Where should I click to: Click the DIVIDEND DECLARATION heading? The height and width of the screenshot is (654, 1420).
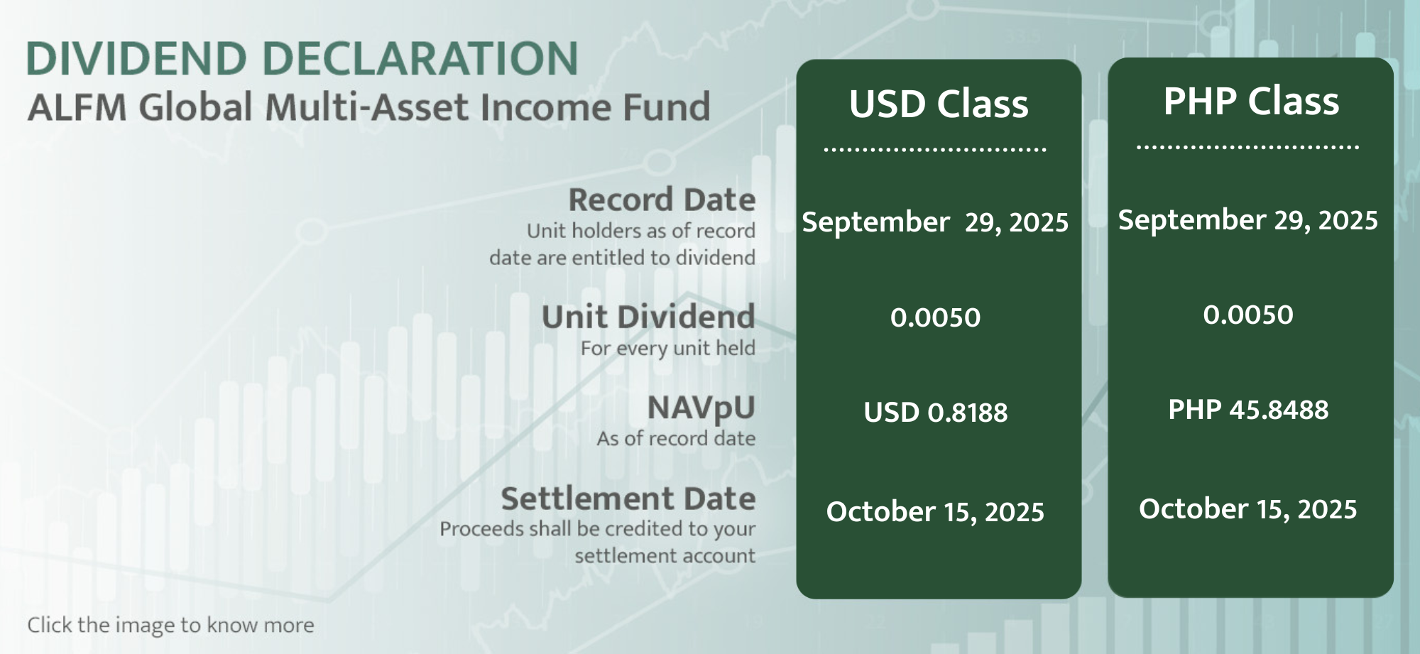(x=302, y=58)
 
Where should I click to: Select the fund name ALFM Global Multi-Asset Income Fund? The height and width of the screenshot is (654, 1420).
(x=368, y=107)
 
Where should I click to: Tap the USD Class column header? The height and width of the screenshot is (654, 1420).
(x=939, y=104)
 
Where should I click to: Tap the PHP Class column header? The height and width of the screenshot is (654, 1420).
(x=1251, y=101)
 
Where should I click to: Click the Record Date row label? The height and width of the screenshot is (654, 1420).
(x=662, y=200)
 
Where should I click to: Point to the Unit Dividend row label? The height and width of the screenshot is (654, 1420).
(x=648, y=317)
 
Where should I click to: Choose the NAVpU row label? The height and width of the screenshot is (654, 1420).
(x=701, y=408)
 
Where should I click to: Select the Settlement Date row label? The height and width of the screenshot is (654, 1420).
(x=628, y=498)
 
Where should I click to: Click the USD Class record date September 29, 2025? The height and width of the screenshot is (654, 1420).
(x=935, y=222)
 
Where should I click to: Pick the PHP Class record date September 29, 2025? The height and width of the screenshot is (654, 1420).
(x=1248, y=220)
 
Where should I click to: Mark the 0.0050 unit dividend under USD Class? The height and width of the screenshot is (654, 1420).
(x=936, y=317)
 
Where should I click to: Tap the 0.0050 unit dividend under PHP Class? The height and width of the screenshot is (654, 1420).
(x=1248, y=315)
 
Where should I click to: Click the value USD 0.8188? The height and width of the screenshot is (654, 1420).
(x=936, y=413)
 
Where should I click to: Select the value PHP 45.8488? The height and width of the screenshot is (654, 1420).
(x=1248, y=410)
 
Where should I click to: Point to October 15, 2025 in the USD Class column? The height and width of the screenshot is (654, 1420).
(x=935, y=512)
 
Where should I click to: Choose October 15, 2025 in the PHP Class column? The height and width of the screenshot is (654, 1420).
(x=1248, y=509)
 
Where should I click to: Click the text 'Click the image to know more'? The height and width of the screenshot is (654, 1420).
(x=170, y=625)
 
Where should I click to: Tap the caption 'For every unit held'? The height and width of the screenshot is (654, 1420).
(x=668, y=348)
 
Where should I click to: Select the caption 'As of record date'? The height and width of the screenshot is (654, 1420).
(x=676, y=438)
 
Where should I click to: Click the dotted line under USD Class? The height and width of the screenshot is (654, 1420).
(x=935, y=150)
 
